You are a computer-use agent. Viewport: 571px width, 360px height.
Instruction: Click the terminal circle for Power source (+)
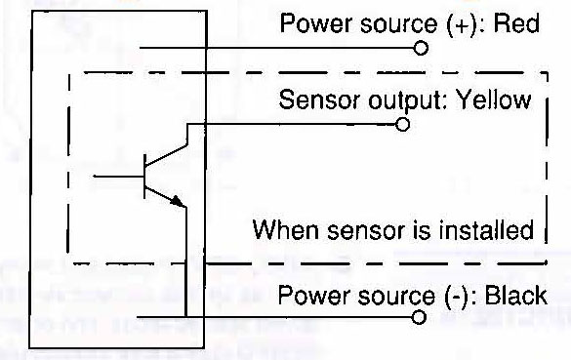(x=421, y=48)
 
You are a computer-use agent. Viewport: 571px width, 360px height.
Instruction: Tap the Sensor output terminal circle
(x=402, y=125)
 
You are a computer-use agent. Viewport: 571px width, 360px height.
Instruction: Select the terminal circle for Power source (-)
(x=419, y=317)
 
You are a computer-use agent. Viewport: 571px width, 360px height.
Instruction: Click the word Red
(x=516, y=23)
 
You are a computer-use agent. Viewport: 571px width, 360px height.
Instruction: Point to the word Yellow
(x=494, y=100)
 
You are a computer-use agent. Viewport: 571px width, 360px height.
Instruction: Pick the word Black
(x=516, y=296)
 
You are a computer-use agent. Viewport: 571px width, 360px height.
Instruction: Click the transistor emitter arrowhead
(x=178, y=201)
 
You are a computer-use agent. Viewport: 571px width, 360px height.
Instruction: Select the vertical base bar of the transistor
(x=144, y=177)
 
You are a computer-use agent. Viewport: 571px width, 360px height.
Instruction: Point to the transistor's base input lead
(x=118, y=177)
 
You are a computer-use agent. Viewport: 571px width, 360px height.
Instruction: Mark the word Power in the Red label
(x=315, y=23)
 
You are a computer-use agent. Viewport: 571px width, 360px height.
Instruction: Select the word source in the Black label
(x=396, y=297)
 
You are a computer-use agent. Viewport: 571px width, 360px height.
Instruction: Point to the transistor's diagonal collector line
(x=166, y=156)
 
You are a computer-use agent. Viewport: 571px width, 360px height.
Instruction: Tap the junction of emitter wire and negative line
(x=185, y=317)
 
